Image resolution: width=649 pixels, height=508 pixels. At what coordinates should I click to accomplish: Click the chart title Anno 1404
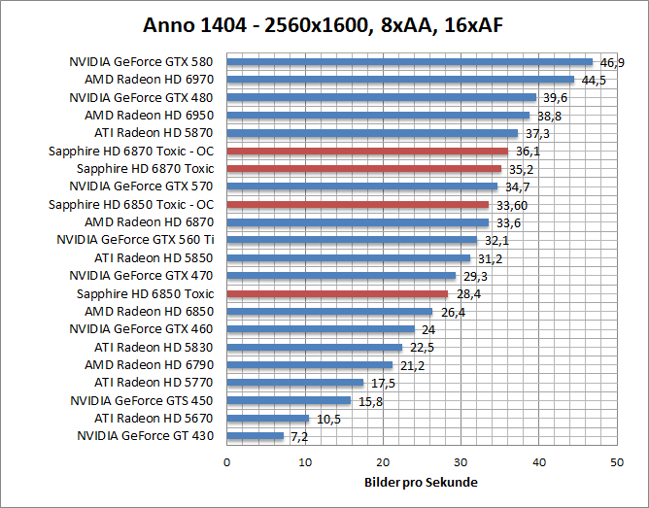click(324, 23)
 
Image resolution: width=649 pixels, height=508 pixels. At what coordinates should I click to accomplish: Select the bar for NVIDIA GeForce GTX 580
click(409, 62)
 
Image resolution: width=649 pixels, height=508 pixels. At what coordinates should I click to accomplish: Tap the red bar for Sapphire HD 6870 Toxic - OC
click(367, 151)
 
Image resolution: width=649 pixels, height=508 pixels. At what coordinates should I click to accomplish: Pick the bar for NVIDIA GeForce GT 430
click(255, 436)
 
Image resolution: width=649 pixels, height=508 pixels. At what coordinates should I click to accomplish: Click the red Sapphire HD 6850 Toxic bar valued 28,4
click(337, 293)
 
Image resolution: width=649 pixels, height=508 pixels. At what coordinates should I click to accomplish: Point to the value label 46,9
click(612, 62)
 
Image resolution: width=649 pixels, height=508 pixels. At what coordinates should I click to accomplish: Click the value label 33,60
click(511, 205)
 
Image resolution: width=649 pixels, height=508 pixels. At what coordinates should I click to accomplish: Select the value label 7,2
click(300, 437)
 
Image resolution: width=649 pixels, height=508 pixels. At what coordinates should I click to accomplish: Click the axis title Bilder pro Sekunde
click(421, 483)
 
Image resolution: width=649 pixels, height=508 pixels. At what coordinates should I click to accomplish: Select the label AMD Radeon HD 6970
click(149, 80)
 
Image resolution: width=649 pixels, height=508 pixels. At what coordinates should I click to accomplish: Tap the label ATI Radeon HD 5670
click(154, 419)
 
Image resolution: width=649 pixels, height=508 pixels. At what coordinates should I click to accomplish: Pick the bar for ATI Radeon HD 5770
click(294, 383)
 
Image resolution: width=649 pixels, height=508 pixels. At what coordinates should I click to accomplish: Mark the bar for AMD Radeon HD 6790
click(309, 365)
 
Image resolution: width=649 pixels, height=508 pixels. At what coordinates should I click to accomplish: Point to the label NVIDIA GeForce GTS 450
click(142, 400)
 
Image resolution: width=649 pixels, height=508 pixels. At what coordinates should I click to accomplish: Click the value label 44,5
click(594, 80)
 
